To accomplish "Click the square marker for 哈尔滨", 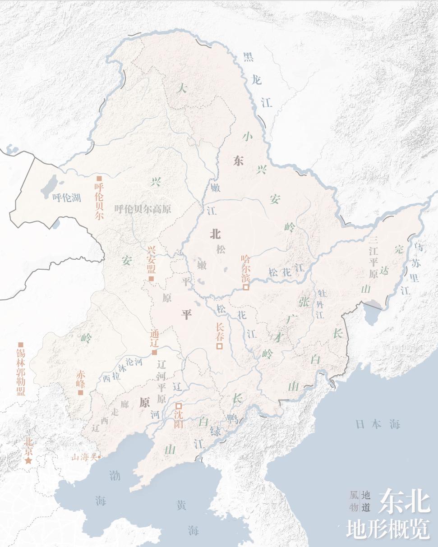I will [x=246, y=287].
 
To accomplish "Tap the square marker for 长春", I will [x=220, y=346].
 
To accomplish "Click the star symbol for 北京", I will [x=28, y=460].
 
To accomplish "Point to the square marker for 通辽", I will [x=154, y=352].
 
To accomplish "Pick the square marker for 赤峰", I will [x=81, y=392].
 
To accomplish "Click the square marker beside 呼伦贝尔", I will [x=99, y=178].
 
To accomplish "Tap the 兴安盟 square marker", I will [x=152, y=279].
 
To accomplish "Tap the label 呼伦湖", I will [x=66, y=198].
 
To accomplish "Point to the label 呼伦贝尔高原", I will [x=143, y=209].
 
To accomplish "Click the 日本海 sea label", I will [x=378, y=424].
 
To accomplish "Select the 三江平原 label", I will [x=373, y=256].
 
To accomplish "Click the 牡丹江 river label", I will [x=321, y=304].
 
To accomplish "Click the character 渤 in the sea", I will [x=115, y=475].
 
